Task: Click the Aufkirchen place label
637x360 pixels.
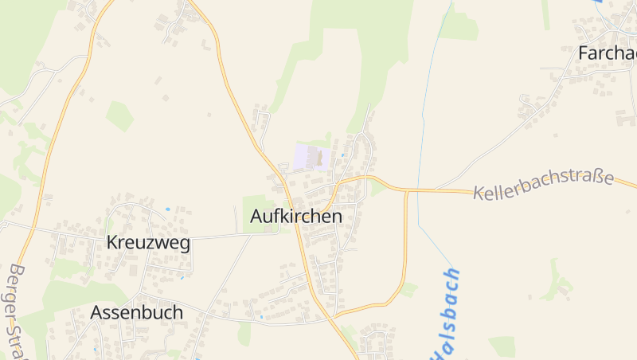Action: [295, 216]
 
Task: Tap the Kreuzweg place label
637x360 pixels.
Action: [148, 243]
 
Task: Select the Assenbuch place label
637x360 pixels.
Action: [137, 312]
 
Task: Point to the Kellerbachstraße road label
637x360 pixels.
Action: [543, 185]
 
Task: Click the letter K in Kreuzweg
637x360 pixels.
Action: [112, 243]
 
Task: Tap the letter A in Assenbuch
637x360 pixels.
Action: [97, 312]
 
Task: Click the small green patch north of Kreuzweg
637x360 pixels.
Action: [119, 115]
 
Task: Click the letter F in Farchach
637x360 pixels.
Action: [584, 53]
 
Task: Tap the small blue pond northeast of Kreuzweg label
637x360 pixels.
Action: [167, 209]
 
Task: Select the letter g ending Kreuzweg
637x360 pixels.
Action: [184, 245]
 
